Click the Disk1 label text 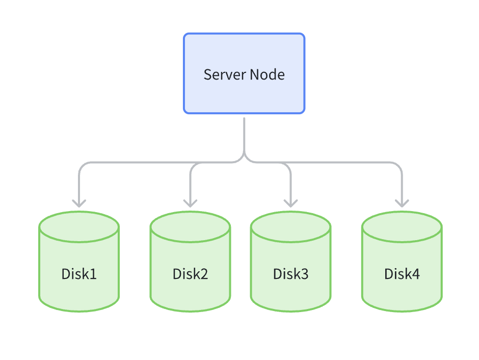tap(79, 274)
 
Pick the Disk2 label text tap(190, 274)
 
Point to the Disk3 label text tap(290, 274)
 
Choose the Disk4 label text tap(402, 274)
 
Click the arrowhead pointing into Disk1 tap(79, 203)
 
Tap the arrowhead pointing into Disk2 tap(190, 203)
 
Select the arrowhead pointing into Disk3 tap(290, 203)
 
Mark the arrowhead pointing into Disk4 tap(402, 203)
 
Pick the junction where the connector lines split tap(244, 159)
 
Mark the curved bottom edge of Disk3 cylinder tap(290, 311)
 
